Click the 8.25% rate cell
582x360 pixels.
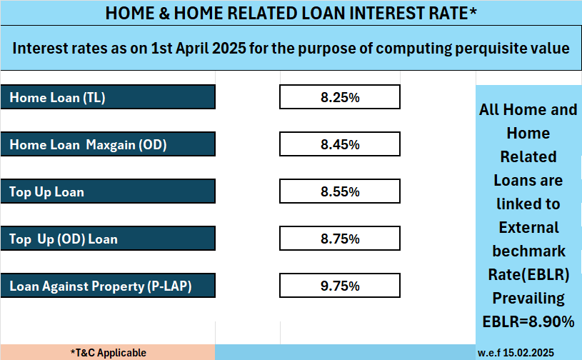tap(340, 97)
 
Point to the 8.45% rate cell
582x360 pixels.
tap(340, 144)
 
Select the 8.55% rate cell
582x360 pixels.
tap(340, 191)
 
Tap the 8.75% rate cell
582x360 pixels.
tap(340, 239)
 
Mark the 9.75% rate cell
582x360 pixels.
tap(340, 286)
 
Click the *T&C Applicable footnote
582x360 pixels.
tap(109, 353)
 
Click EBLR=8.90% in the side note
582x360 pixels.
tap(528, 321)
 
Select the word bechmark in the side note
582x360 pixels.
tap(529, 251)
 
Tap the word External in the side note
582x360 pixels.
tap(529, 228)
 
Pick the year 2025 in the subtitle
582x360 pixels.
tap(229, 49)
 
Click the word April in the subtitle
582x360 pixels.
tap(192, 49)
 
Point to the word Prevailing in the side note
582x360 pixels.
tap(528, 299)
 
